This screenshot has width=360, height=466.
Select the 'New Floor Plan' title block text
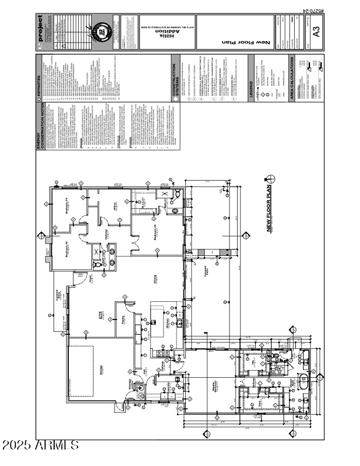pyautogui.click(x=238, y=42)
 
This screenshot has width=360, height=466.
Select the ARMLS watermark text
pyautogui.click(x=40, y=445)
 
